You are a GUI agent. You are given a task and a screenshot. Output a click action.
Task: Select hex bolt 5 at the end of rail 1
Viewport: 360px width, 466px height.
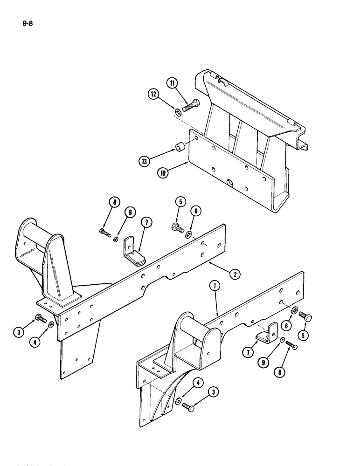click(306, 319)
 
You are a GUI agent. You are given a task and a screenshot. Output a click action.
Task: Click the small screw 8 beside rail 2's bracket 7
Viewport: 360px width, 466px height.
click(104, 231)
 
